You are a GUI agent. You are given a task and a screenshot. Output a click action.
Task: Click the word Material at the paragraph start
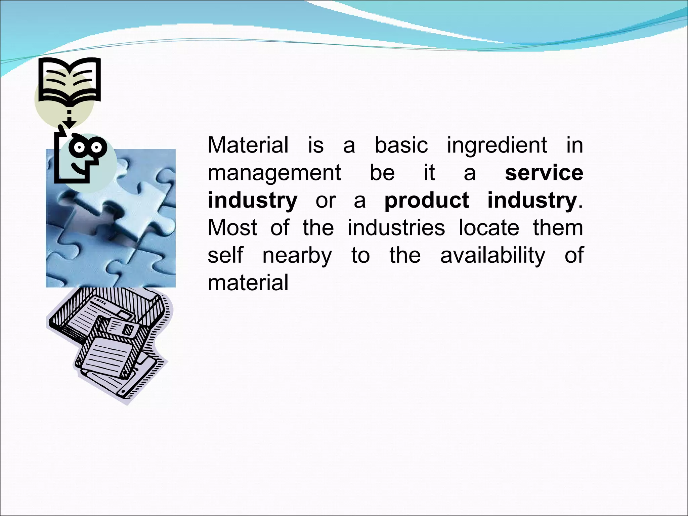tap(248, 145)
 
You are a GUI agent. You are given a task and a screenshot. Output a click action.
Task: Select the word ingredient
tap(497, 146)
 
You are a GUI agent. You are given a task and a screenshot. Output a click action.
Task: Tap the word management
tap(274, 173)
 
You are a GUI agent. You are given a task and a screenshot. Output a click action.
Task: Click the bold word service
tap(544, 173)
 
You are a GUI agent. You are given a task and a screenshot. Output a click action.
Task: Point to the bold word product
tap(426, 201)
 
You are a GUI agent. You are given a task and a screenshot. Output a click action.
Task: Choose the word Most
tap(232, 227)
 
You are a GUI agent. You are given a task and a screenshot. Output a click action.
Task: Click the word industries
tap(396, 227)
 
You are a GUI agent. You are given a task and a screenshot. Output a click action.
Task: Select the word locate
tap(489, 227)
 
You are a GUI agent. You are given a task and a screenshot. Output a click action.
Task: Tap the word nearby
tap(297, 256)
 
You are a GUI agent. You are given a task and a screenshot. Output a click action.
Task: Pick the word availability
tap(492, 256)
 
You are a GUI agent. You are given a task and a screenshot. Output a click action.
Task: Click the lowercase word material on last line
tap(248, 283)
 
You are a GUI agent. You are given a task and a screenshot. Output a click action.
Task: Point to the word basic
tap(401, 145)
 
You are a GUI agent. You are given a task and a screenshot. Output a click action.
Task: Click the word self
tap(225, 255)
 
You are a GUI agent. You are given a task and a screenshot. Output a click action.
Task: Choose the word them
tap(558, 227)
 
